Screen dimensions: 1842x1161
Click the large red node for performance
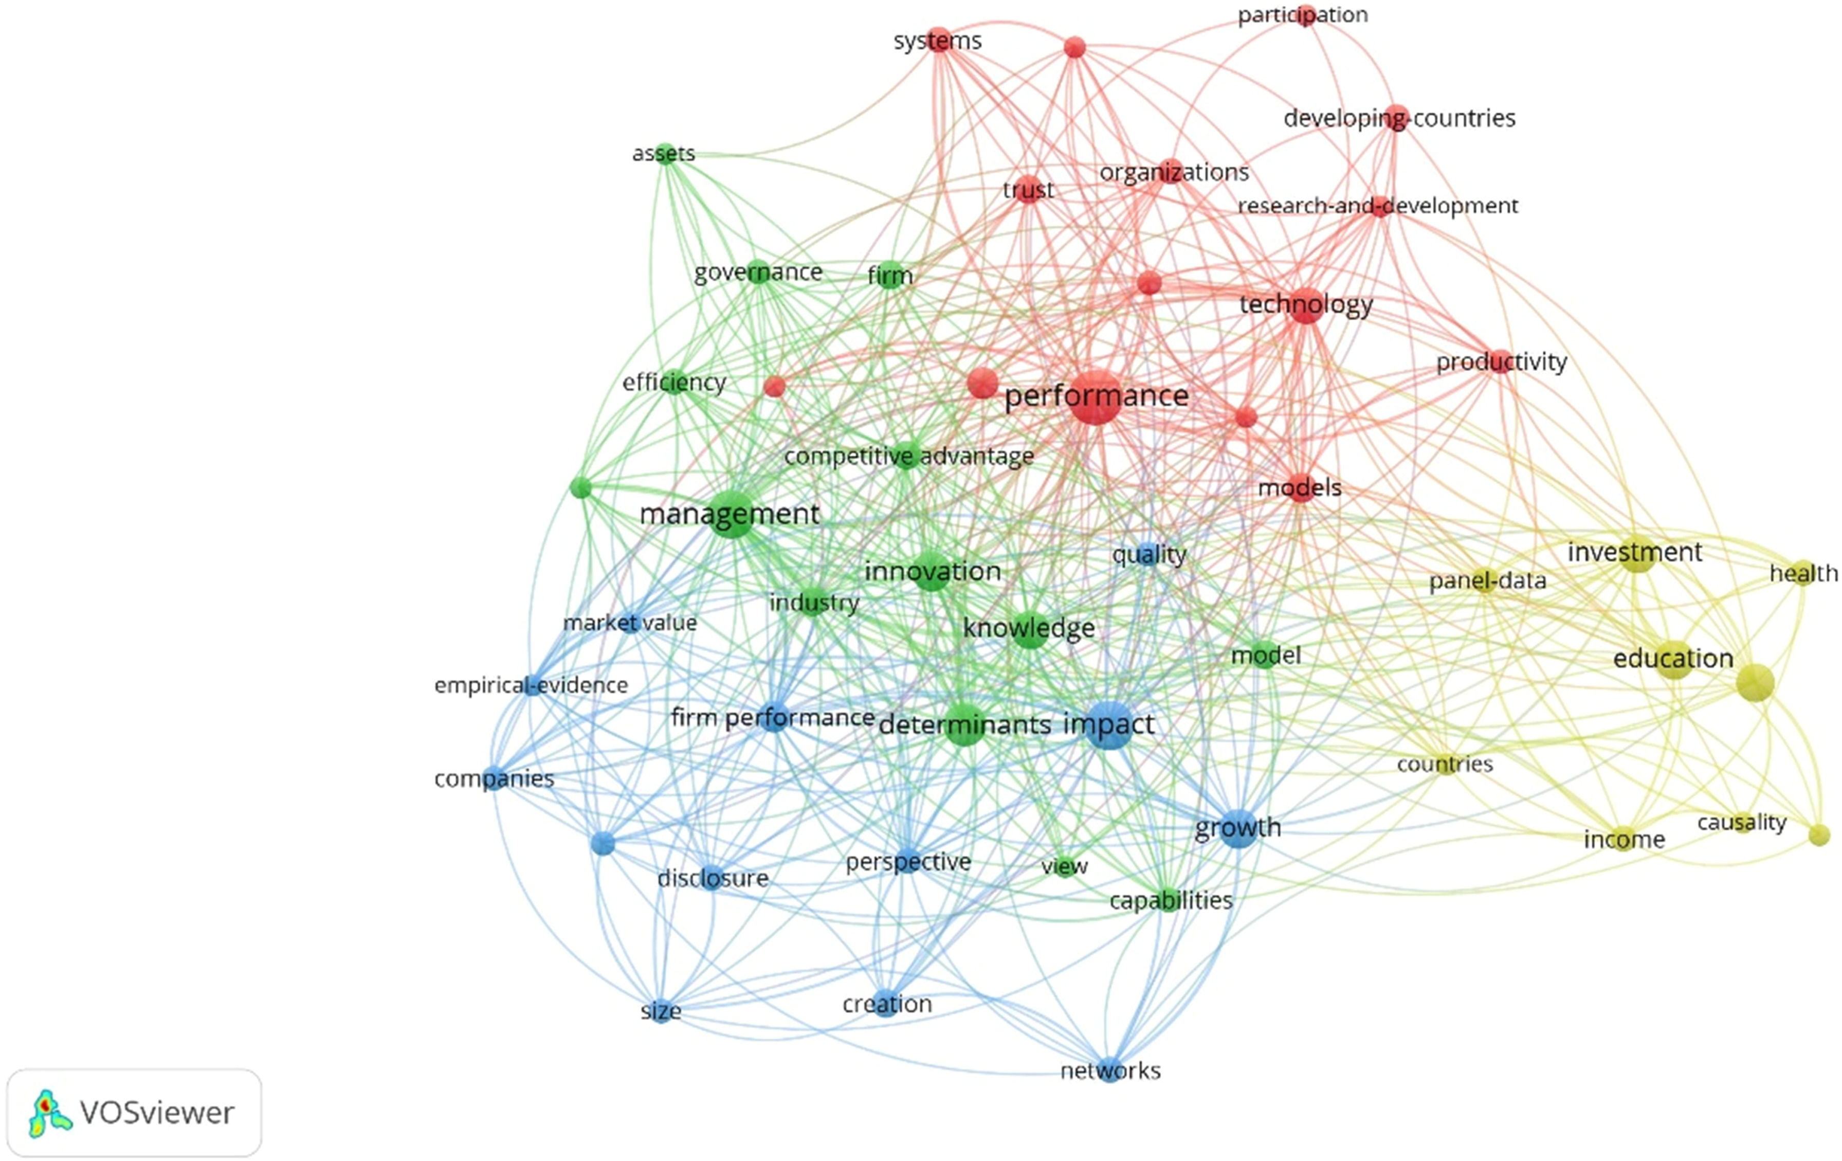(1096, 396)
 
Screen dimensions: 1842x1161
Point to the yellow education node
(1674, 659)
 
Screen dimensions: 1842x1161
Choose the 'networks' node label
(1111, 1071)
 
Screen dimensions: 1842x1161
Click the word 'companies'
(494, 778)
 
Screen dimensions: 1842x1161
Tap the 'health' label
(1803, 573)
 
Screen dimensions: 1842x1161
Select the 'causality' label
(1742, 822)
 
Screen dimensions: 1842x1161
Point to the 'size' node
(661, 1011)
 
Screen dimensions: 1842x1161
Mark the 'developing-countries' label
(1399, 119)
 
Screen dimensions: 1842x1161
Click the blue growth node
(1238, 827)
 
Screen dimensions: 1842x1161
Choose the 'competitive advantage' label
(909, 457)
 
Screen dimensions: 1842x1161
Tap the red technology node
(1306, 306)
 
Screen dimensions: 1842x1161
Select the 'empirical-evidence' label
(531, 685)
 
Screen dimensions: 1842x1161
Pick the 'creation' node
(887, 1004)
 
